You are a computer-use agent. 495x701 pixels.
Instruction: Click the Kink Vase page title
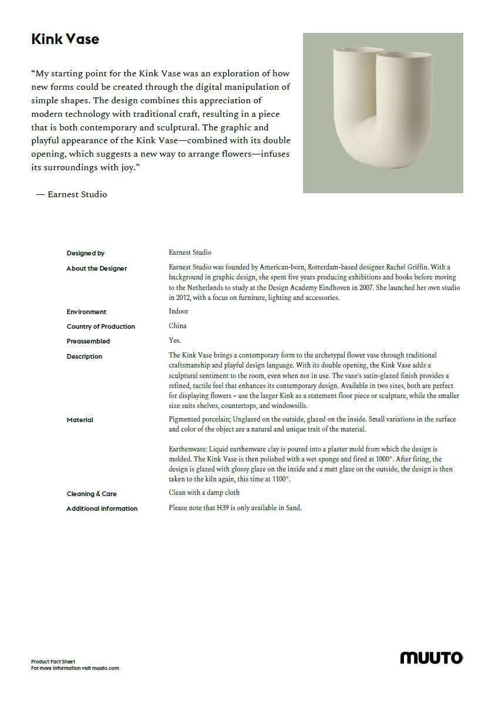point(65,39)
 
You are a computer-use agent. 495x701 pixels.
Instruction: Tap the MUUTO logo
point(431,658)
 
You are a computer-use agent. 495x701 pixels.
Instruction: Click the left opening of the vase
point(355,50)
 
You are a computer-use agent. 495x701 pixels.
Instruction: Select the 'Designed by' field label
point(86,253)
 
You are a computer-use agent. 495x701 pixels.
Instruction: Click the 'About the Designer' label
point(97,268)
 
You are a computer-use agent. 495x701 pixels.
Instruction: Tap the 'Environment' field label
point(86,312)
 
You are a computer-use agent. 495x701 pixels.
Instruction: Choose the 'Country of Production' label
point(101,326)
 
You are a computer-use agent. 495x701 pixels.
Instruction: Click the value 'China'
point(177,326)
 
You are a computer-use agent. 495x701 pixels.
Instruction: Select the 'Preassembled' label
point(88,341)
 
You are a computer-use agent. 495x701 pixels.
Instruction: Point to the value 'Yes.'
point(175,341)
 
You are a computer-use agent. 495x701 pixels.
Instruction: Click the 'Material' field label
point(80,420)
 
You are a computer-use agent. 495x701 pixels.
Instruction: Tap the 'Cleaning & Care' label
point(92,494)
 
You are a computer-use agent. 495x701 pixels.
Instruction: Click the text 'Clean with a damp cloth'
point(204,493)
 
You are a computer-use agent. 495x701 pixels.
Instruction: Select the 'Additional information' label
point(102,508)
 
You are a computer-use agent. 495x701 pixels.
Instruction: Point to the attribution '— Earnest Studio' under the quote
point(72,194)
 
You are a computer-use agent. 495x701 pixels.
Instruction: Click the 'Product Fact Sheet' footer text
point(53,662)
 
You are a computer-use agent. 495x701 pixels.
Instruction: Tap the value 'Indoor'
point(179,311)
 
